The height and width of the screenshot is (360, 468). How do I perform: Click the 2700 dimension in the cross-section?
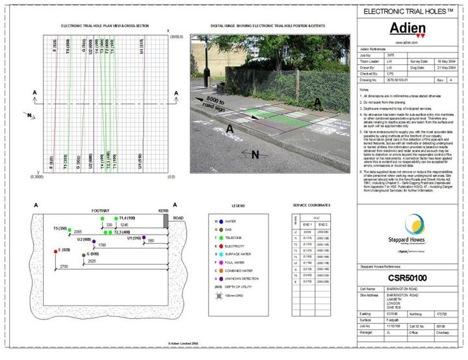pos(64,267)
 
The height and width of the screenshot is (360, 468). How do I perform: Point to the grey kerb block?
pos(166,220)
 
